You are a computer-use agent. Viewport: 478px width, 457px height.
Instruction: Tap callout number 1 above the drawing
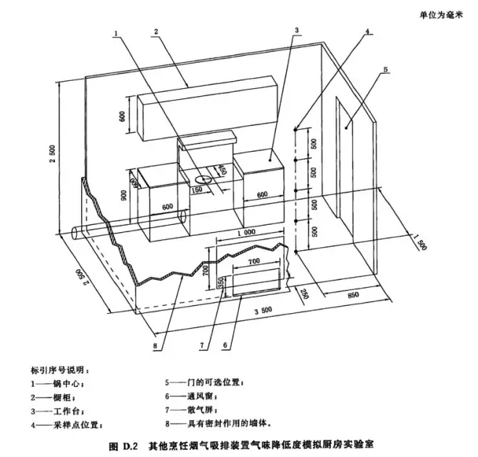pos(115,32)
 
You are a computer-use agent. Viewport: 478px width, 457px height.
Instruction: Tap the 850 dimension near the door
pos(353,295)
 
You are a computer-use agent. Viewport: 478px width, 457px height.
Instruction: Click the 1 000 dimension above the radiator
pos(246,233)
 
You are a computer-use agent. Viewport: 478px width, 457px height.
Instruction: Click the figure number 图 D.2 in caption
pos(124,441)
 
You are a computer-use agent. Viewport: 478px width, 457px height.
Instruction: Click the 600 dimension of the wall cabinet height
pos(123,116)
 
